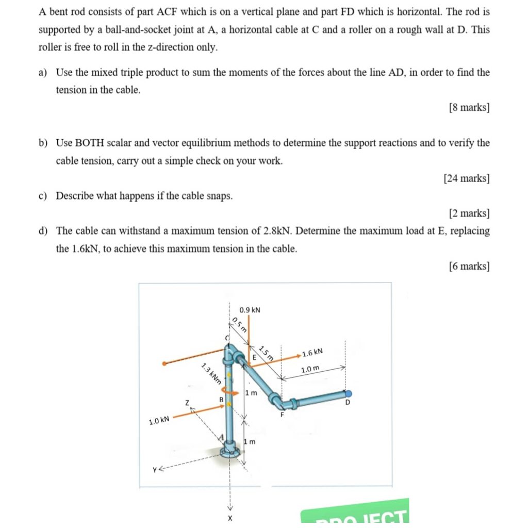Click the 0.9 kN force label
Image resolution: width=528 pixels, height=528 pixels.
pyautogui.click(x=250, y=310)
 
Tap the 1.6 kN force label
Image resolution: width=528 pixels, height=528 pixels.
pyautogui.click(x=312, y=353)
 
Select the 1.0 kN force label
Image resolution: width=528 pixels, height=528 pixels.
pyautogui.click(x=159, y=421)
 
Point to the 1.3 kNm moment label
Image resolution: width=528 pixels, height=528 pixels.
pyautogui.click(x=211, y=374)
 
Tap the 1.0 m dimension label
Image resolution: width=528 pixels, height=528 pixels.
pyautogui.click(x=310, y=369)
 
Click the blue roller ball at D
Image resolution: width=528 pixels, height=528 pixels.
pyautogui.click(x=349, y=393)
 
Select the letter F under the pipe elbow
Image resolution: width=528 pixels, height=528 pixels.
pyautogui.click(x=282, y=414)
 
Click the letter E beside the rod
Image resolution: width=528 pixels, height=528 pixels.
pyautogui.click(x=254, y=357)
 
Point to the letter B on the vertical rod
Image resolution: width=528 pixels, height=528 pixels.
pyautogui.click(x=221, y=399)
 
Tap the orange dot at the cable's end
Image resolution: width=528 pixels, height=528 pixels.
pyautogui.click(x=164, y=364)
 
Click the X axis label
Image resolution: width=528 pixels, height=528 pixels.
pyautogui.click(x=230, y=517)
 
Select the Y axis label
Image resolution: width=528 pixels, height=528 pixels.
pyautogui.click(x=154, y=469)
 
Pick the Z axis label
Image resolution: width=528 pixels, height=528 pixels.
pyautogui.click(x=188, y=402)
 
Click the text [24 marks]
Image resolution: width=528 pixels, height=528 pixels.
pyautogui.click(x=466, y=178)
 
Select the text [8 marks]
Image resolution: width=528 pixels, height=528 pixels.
pyautogui.click(x=469, y=107)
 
